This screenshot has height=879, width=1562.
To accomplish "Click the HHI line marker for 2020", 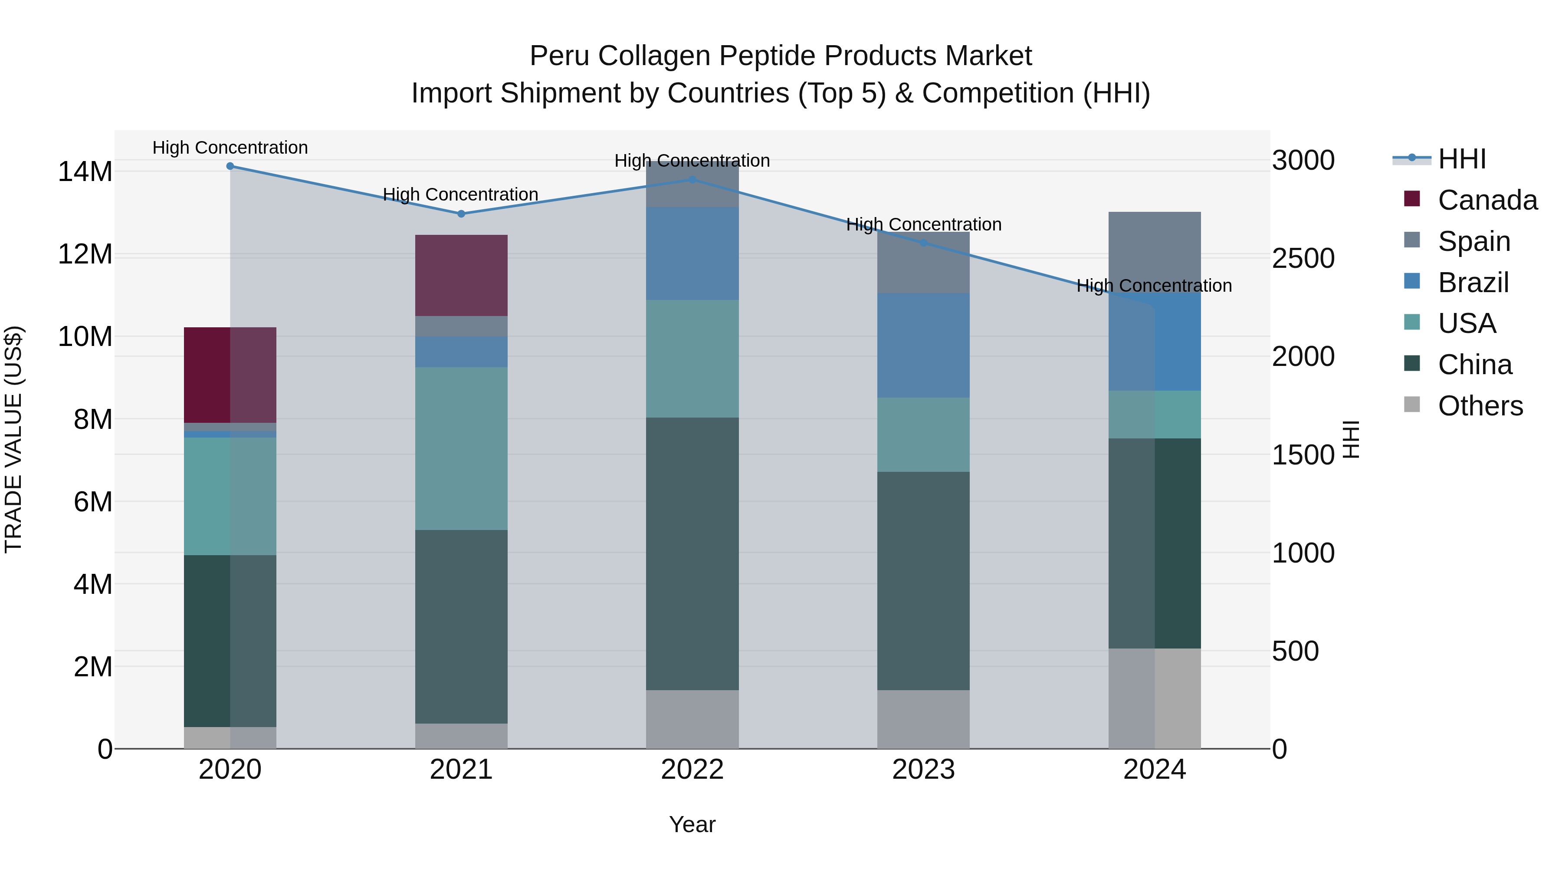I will click(x=230, y=166).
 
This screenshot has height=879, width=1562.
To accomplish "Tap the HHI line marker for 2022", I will click(x=692, y=180).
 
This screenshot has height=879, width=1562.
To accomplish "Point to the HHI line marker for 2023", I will click(x=923, y=243).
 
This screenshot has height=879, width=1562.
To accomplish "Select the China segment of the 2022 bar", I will click(x=692, y=553).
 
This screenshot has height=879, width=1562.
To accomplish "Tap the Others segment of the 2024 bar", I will click(x=1155, y=698).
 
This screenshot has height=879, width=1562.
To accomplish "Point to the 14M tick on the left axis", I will click(x=85, y=171).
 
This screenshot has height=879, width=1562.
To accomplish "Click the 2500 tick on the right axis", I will click(x=1303, y=258).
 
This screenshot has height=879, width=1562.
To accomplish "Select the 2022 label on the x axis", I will click(x=692, y=770).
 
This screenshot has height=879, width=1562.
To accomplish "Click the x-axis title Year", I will click(x=692, y=824).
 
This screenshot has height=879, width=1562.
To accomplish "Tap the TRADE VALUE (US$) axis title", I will click(x=13, y=439).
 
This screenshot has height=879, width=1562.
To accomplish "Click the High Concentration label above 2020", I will click(x=230, y=148).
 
